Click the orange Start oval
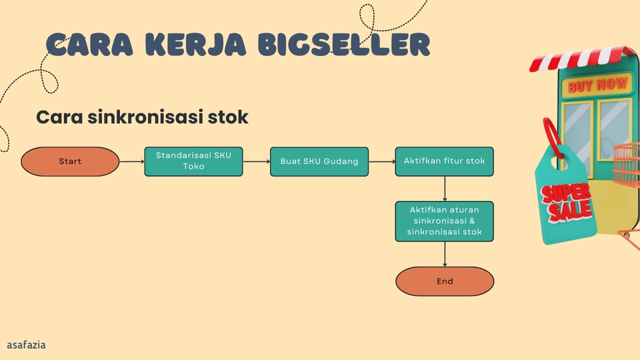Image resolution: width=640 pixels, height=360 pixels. (x=70, y=161)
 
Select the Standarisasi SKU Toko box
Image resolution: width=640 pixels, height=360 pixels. (x=193, y=161)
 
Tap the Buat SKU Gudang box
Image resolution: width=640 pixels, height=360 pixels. (x=319, y=161)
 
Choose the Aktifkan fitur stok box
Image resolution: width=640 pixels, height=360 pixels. (x=444, y=161)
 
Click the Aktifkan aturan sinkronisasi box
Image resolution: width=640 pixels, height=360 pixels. (x=444, y=221)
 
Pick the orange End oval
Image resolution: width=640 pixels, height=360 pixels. (x=445, y=281)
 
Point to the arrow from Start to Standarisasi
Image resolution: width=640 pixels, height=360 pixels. (x=132, y=161)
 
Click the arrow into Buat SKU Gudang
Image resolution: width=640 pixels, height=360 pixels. (x=257, y=161)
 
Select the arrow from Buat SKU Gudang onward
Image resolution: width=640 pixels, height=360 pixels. (x=381, y=161)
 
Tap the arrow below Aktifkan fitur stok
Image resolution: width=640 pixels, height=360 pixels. (x=445, y=189)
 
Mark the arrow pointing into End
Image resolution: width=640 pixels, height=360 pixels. (x=445, y=254)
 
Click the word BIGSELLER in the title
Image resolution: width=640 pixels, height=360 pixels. (x=343, y=45)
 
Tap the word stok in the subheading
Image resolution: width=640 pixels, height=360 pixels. (x=230, y=117)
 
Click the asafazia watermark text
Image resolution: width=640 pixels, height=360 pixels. (x=27, y=345)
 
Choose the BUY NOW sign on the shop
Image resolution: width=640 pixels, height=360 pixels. (x=598, y=85)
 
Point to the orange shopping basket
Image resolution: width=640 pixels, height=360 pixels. (x=627, y=163)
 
